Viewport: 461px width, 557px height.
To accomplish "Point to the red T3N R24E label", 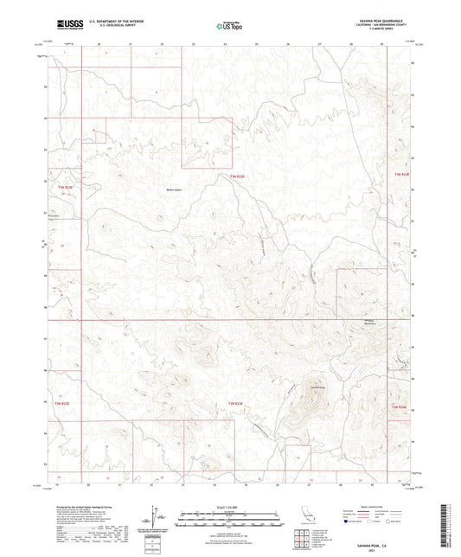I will pos(401,176).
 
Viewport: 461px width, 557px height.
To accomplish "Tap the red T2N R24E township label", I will pos(399,407).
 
